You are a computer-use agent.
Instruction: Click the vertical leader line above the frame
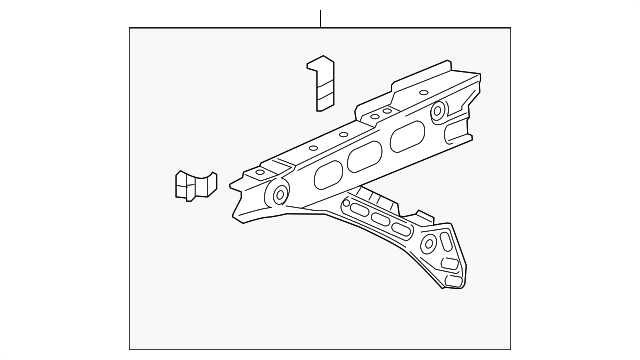coord(320,18)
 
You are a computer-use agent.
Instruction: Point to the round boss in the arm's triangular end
coord(432,243)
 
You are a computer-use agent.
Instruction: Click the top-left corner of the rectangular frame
coord(130,28)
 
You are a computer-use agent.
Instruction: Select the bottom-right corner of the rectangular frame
coord(510,348)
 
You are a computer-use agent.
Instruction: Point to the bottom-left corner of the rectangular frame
coord(130,348)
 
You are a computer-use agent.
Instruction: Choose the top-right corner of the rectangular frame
coord(510,28)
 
